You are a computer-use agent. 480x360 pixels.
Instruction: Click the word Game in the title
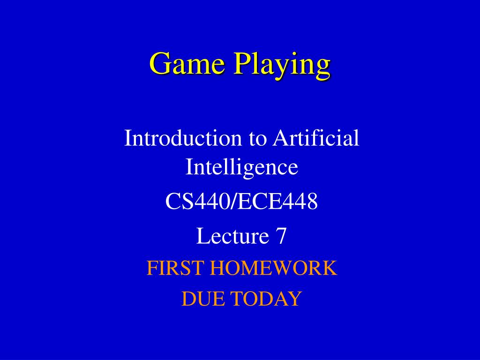pos(187,63)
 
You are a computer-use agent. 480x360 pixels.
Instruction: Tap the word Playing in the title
pos(282,66)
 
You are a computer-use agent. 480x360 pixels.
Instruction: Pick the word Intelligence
pos(242,167)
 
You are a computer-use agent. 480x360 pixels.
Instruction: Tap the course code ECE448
pos(277,202)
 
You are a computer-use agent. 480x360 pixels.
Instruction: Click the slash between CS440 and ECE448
pos(232,202)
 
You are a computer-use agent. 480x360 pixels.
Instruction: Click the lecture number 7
pos(281,236)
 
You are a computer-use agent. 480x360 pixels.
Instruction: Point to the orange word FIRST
pos(175,268)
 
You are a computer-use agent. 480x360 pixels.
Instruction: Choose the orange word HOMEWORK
pos(273,268)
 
